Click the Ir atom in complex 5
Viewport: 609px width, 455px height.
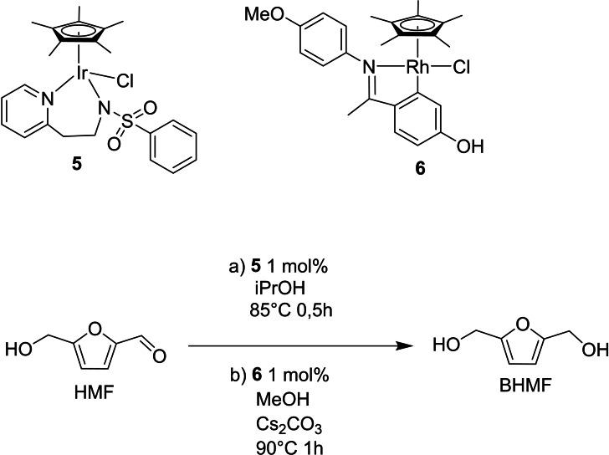82,74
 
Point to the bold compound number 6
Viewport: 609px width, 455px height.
419,168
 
